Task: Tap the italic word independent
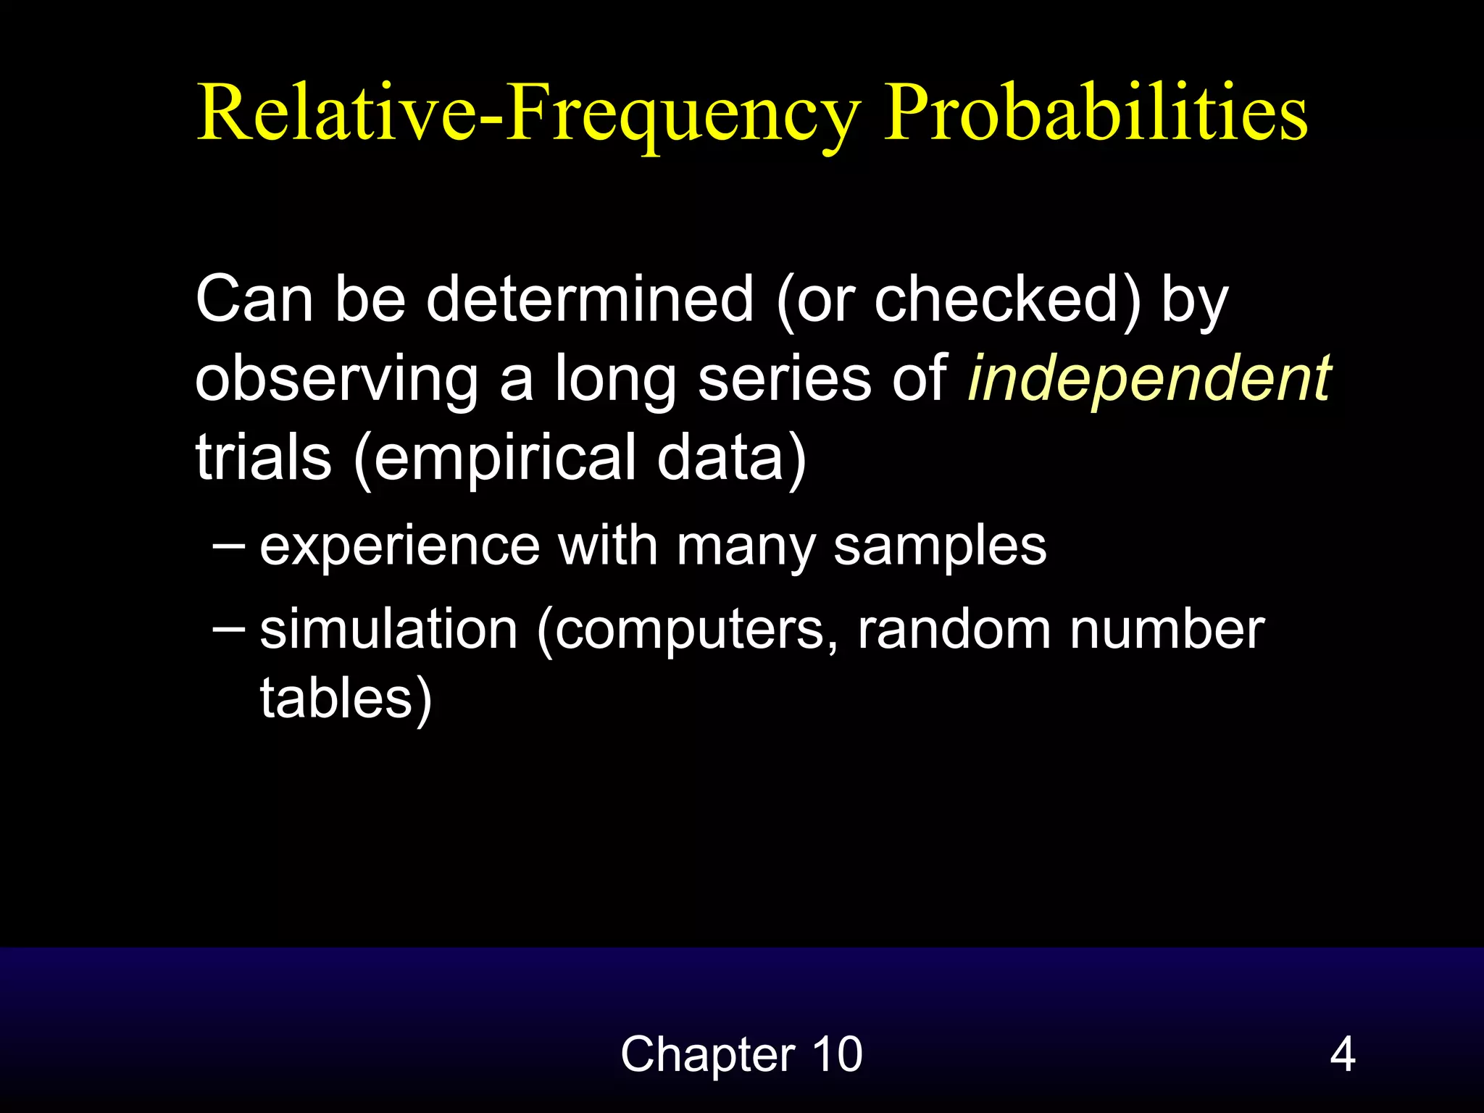1149,378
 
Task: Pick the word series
784,378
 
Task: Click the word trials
263,458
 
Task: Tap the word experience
400,546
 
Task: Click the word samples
940,546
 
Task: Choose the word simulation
388,629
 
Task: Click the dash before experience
229,543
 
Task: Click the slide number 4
1342,1054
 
